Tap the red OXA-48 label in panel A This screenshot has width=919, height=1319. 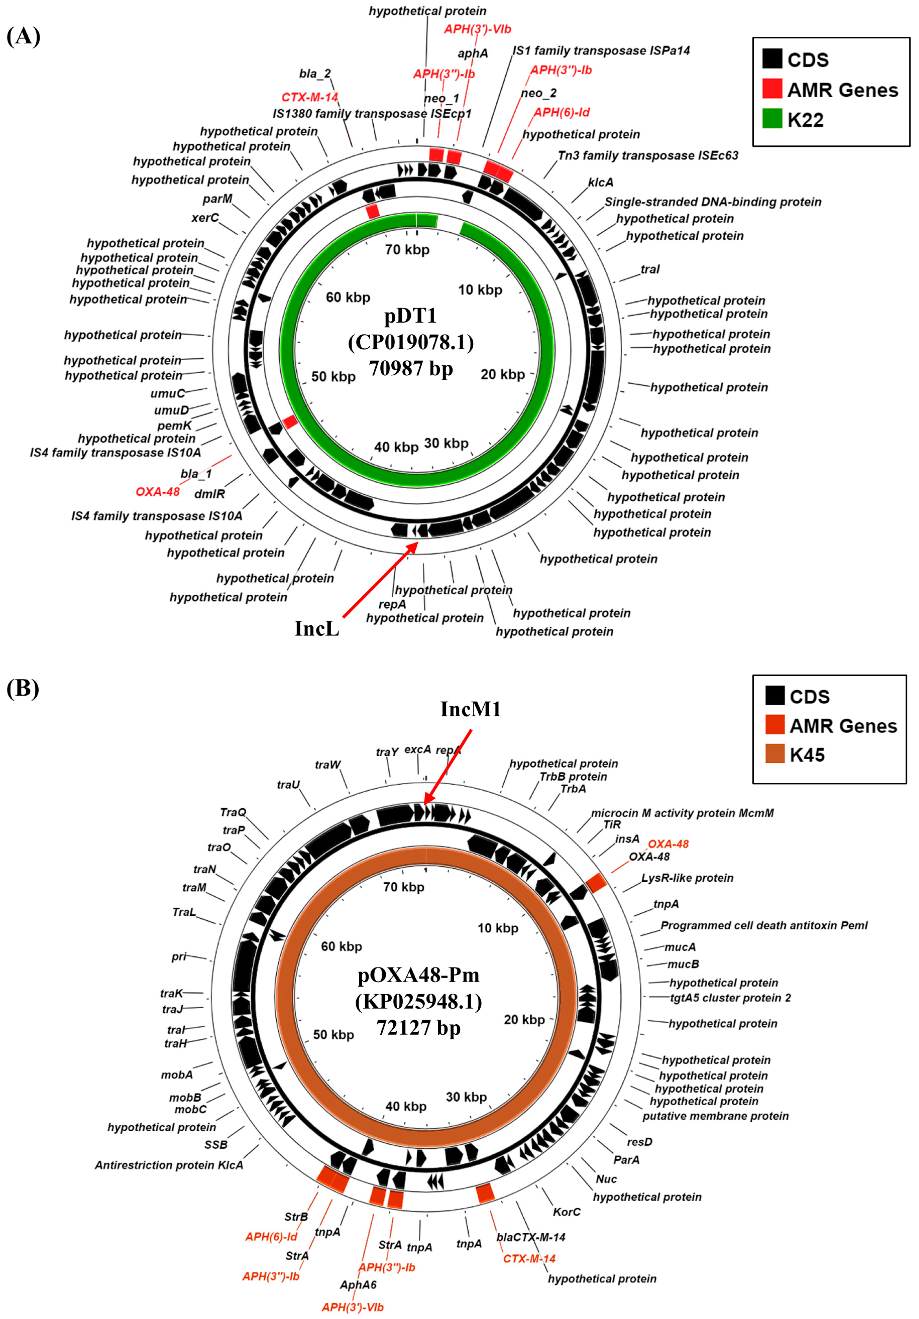(157, 492)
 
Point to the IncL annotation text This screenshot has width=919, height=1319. (316, 628)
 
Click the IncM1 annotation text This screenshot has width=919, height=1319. (470, 709)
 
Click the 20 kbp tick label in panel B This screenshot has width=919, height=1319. (524, 1020)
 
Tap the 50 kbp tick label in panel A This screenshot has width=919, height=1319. (333, 377)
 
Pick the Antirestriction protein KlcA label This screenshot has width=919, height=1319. (169, 1165)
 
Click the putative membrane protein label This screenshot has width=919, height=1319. (715, 1116)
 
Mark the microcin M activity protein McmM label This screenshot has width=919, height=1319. (682, 813)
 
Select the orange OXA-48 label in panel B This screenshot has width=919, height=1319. (668, 844)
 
